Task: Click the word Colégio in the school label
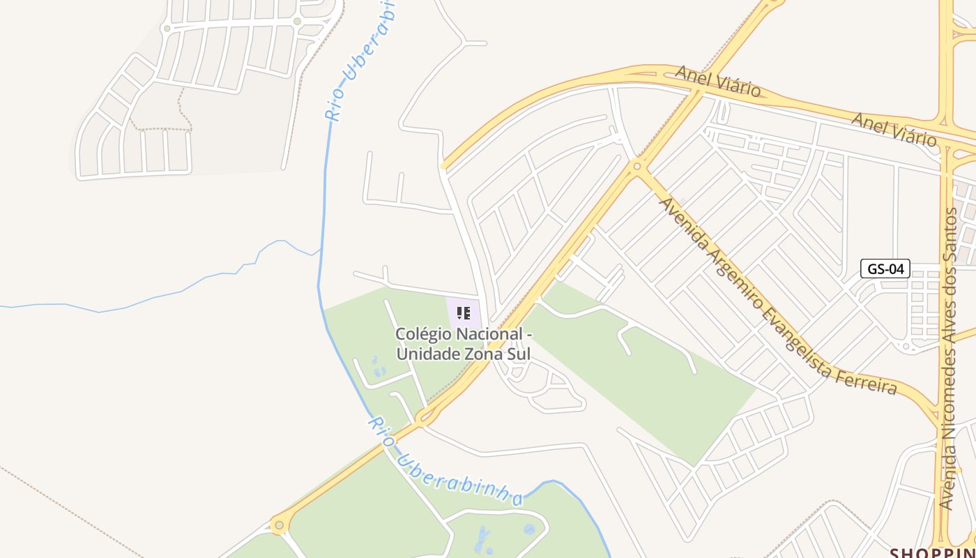420,334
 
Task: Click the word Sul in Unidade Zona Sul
519,354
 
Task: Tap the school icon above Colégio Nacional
464,313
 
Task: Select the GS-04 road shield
885,269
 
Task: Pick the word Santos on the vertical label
950,231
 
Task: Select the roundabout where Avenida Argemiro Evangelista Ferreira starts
636,166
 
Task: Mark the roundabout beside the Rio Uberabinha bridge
423,418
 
